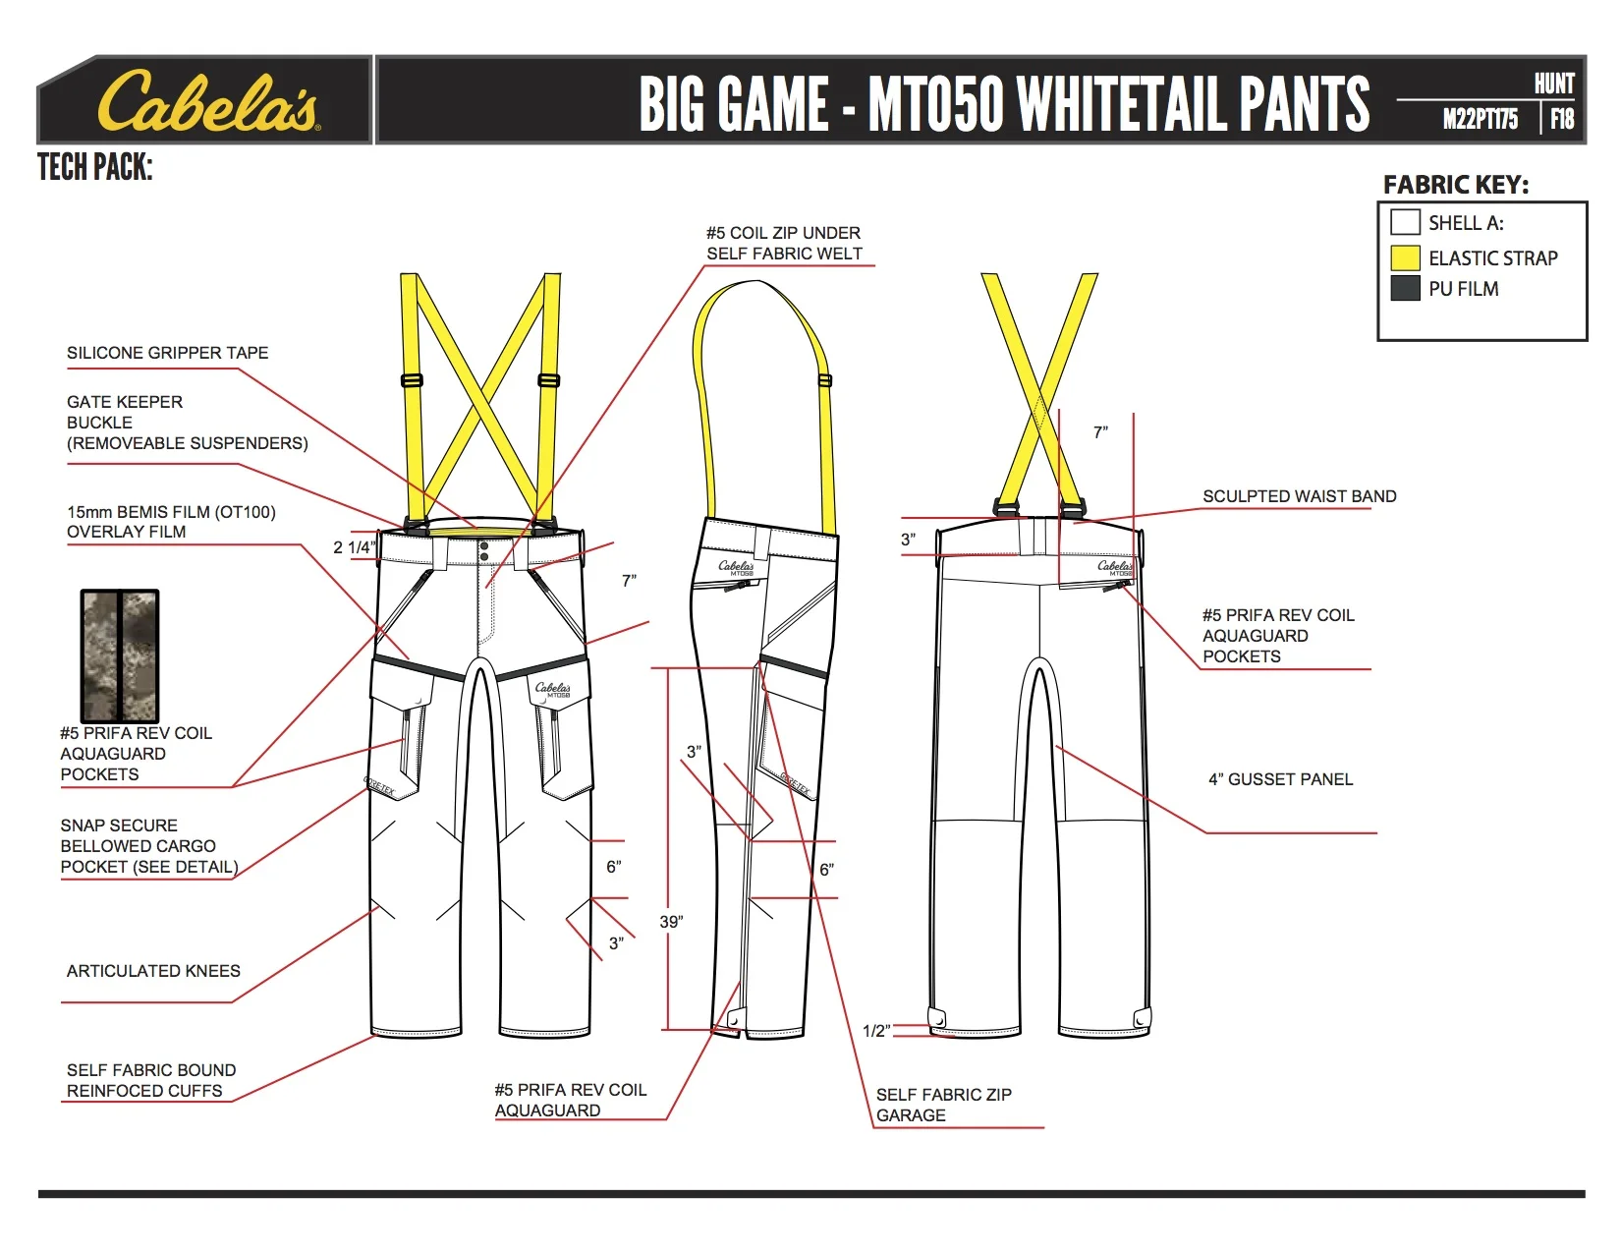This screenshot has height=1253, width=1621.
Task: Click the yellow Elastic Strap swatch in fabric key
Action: coord(1405,257)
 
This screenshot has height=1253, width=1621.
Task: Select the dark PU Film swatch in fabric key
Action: coord(1405,288)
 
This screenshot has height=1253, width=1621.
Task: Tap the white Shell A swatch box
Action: coord(1405,222)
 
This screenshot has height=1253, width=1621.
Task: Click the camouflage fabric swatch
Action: coord(119,655)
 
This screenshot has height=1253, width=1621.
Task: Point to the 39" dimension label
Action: coord(671,922)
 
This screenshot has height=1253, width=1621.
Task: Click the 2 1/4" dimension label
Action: coord(354,547)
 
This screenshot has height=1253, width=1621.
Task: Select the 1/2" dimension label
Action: coord(875,1031)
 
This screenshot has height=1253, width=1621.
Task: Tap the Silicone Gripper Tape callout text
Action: coord(167,353)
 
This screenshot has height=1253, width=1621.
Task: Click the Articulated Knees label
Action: coord(153,971)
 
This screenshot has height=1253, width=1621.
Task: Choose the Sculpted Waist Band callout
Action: coord(1299,496)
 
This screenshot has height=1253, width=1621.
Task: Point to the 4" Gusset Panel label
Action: coord(1280,779)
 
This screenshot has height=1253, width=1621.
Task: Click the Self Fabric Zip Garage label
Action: coord(943,1105)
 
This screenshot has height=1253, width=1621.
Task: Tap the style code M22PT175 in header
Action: coord(1480,120)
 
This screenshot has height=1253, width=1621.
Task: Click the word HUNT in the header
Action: coord(1554,85)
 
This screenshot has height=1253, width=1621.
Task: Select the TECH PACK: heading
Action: coord(95,168)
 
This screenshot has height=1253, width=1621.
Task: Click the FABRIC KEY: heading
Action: coord(1455,185)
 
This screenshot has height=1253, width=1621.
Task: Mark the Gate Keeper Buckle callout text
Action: coord(187,423)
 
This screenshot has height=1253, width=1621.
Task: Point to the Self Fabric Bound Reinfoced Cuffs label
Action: coord(151,1080)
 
